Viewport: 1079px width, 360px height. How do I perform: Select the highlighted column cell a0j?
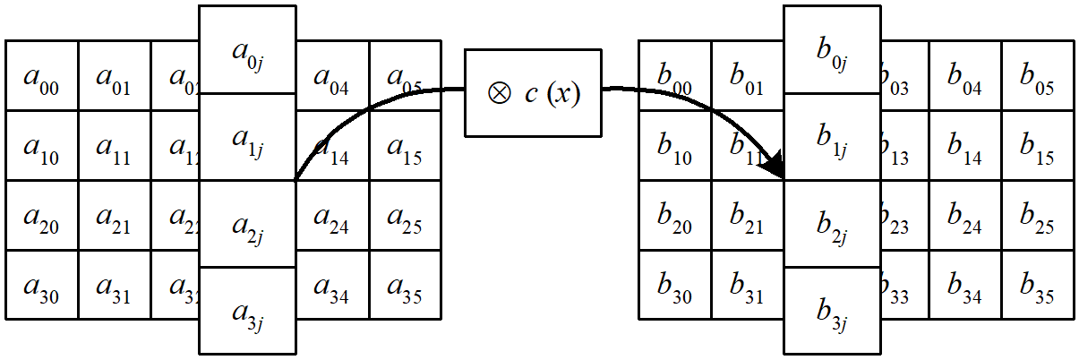pyautogui.click(x=247, y=50)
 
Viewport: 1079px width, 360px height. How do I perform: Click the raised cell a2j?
pyautogui.click(x=247, y=224)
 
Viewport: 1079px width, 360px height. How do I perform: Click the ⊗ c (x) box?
pyautogui.click(x=533, y=92)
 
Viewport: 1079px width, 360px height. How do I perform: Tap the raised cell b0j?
pyautogui.click(x=832, y=50)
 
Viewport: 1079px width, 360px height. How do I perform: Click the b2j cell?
pyautogui.click(x=832, y=224)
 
